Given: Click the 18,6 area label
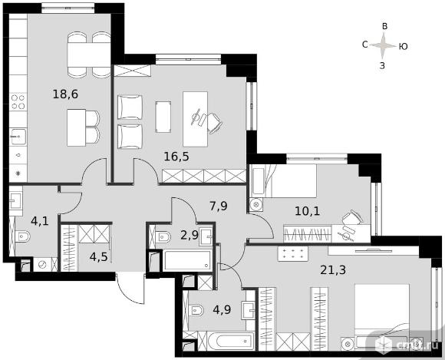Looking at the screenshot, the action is (x=65, y=94).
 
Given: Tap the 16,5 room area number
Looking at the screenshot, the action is (x=176, y=157).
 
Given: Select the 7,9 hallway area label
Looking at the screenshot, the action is (x=219, y=206).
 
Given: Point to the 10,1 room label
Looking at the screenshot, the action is (x=308, y=211).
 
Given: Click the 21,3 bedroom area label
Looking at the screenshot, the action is (x=333, y=270).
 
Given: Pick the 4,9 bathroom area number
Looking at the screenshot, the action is (x=222, y=309).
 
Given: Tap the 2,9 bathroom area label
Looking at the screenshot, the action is (x=190, y=235).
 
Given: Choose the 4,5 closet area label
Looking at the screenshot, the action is (x=98, y=257).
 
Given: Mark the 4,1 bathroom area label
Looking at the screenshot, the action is (x=40, y=221).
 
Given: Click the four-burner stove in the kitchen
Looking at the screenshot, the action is (x=18, y=102).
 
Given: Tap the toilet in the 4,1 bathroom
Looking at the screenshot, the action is (x=22, y=236).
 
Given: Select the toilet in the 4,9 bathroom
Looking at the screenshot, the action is (x=196, y=310).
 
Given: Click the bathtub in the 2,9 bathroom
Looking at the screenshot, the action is (x=187, y=260).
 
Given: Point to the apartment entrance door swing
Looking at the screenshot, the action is (x=130, y=288).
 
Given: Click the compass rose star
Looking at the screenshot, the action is (x=383, y=45).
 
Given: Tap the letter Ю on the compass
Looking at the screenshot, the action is (x=403, y=46).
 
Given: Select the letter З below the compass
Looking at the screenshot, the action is (x=382, y=66).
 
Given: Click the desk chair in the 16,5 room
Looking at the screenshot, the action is (x=214, y=123).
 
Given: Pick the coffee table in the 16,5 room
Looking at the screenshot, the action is (x=163, y=117).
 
